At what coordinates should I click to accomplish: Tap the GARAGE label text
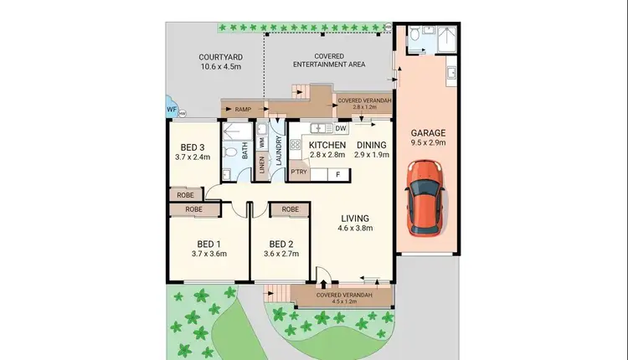coord(428,133)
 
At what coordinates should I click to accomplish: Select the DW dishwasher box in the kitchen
coord(340,128)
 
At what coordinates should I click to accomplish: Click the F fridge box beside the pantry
coord(337,173)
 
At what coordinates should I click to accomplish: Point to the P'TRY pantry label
coord(299,173)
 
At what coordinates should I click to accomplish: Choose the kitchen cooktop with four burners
coord(295,144)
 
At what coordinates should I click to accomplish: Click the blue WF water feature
coord(171,109)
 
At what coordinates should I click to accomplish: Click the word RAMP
coord(243,109)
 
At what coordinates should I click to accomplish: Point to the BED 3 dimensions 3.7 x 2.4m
coord(192,157)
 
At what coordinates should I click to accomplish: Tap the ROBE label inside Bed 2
coord(291,209)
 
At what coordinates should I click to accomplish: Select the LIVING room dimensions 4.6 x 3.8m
coord(353,228)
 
